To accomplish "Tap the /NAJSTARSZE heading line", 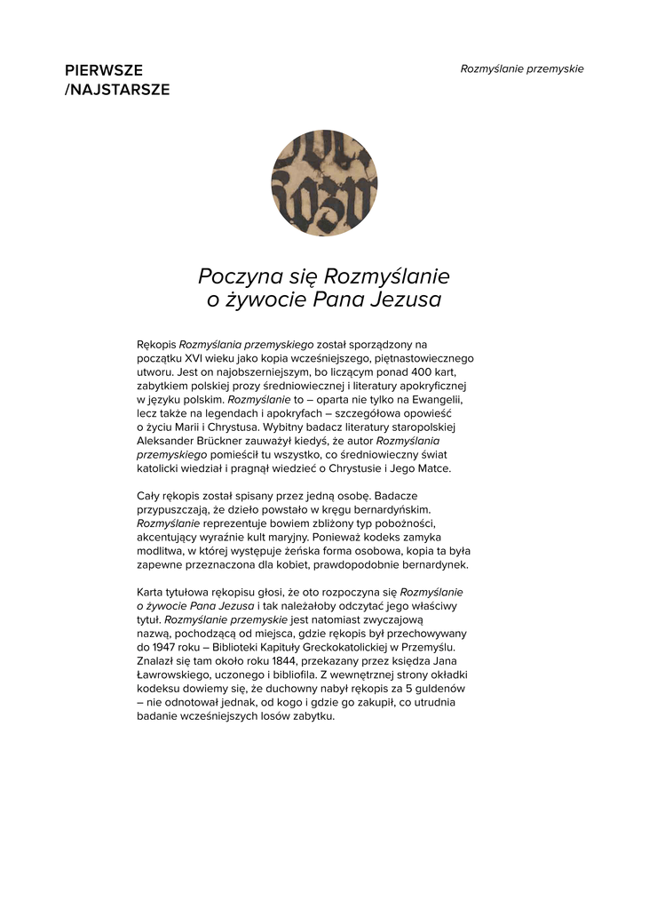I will pyautogui.click(x=117, y=90).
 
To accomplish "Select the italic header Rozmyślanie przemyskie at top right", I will pyautogui.click(x=522, y=69).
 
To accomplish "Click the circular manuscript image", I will pyautogui.click(x=324, y=183).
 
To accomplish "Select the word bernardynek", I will pyautogui.click(x=433, y=565).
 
